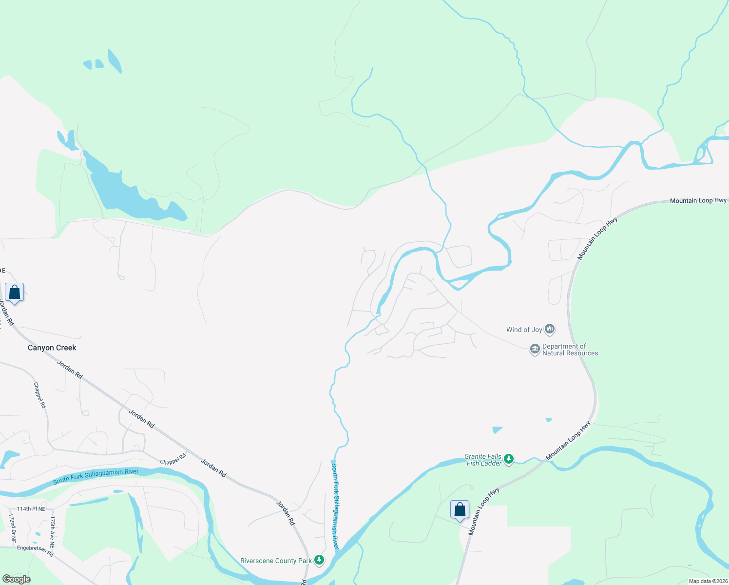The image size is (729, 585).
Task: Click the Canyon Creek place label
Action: [x=52, y=348]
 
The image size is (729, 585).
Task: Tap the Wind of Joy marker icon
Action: [x=550, y=330]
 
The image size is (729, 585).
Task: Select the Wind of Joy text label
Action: [x=524, y=330]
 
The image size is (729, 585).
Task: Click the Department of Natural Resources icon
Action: [x=535, y=349]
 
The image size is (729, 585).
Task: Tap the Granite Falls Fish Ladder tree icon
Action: [x=509, y=459]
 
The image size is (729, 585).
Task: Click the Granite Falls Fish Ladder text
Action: [x=483, y=460]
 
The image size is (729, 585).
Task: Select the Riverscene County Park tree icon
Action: [x=319, y=560]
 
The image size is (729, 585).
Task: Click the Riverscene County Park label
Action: [x=276, y=561]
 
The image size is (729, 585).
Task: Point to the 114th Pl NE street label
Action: [x=31, y=509]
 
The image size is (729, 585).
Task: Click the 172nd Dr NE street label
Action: [x=12, y=528]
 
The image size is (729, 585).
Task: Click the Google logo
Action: [x=16, y=579]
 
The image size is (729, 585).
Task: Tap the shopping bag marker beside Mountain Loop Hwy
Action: [x=460, y=510]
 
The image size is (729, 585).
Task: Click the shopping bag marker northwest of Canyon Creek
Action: [x=15, y=292]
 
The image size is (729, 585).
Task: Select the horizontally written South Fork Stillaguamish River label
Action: [x=96, y=476]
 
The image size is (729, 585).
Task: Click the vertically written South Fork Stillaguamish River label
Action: [x=335, y=506]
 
